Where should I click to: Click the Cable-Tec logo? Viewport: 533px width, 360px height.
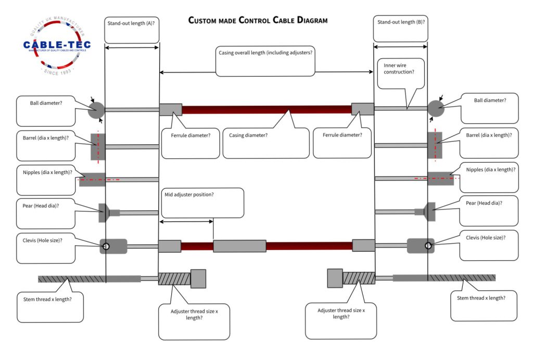(57, 45)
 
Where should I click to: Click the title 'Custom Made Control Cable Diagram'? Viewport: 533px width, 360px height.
(258, 20)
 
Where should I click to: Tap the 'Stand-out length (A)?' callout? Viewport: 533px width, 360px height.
(132, 30)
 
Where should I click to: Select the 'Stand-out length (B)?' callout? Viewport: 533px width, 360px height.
(400, 29)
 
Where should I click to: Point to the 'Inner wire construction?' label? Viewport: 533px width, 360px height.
(399, 68)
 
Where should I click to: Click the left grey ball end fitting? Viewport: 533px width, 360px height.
(96, 110)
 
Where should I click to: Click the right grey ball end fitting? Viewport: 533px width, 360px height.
(436, 108)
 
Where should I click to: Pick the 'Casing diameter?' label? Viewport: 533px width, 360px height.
(248, 135)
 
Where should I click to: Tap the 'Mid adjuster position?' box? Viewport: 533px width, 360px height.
(202, 203)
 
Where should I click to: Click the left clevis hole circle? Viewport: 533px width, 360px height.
(106, 246)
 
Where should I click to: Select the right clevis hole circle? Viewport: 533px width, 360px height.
(428, 245)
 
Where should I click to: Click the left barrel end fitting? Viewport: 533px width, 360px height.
(98, 146)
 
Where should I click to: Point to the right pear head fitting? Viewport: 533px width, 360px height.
(430, 212)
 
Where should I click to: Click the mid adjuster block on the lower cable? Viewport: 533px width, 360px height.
(239, 246)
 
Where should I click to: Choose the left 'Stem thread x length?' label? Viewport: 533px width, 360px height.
(47, 300)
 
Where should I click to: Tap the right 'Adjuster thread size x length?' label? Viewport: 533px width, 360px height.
(341, 314)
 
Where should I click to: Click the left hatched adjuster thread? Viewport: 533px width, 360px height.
(174, 279)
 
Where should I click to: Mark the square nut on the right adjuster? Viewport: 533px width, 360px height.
(335, 278)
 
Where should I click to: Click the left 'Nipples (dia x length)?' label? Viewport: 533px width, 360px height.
(47, 172)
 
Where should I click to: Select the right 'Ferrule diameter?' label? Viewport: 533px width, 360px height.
(342, 135)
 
